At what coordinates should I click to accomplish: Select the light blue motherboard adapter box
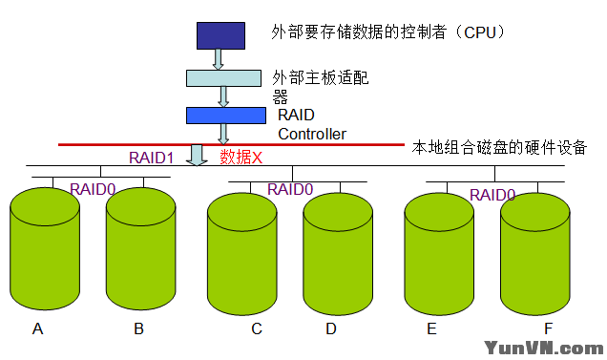point(224,77)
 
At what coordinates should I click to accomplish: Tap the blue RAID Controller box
point(224,116)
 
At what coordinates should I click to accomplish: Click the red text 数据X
point(241,157)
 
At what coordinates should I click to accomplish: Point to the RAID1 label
point(152,157)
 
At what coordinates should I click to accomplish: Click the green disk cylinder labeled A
point(44,250)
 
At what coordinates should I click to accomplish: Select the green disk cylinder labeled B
point(140,250)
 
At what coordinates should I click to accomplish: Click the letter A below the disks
point(38,329)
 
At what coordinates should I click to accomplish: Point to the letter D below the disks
point(330,329)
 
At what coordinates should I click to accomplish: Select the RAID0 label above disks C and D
point(290,189)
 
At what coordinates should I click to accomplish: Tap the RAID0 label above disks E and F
point(492,195)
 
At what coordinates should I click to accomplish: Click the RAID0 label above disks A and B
point(93,189)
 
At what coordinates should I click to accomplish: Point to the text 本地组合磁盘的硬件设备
point(498,148)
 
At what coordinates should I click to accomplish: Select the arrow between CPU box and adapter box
point(219,59)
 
